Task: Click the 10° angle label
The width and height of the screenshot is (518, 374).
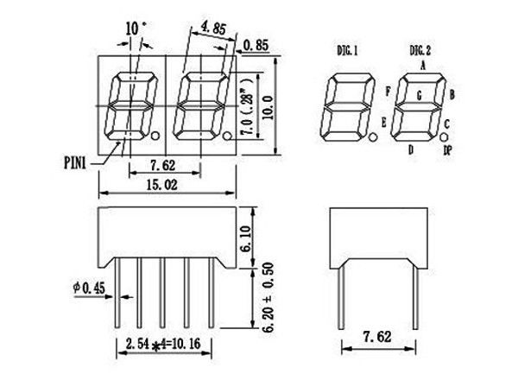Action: [x=134, y=28]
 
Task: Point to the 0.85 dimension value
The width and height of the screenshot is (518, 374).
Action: [x=256, y=44]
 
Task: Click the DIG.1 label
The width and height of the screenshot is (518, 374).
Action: [x=349, y=51]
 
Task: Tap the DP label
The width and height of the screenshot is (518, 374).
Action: [x=448, y=149]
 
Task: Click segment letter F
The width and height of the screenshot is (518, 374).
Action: [x=389, y=90]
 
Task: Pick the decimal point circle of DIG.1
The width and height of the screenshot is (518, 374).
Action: [x=373, y=137]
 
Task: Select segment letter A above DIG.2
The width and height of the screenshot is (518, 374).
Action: [x=423, y=65]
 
